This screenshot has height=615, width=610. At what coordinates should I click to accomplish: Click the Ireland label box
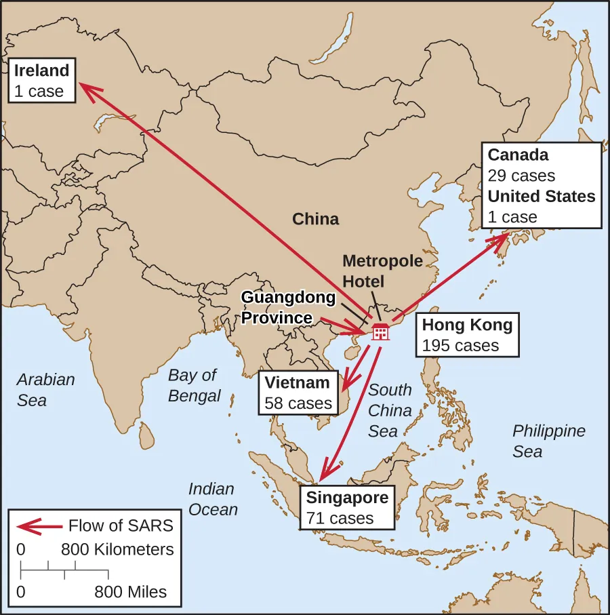tap(42, 81)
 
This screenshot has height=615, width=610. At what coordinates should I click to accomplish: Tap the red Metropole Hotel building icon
tap(380, 332)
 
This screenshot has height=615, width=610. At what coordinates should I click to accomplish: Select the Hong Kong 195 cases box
tap(467, 334)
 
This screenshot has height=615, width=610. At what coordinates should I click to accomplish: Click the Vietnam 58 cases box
tap(298, 393)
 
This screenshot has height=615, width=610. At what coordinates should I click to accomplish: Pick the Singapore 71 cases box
tap(348, 508)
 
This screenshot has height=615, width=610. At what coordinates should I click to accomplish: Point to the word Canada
tap(518, 155)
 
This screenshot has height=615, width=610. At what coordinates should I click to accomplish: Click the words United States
tap(542, 197)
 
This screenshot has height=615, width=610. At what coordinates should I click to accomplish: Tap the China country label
tap(315, 219)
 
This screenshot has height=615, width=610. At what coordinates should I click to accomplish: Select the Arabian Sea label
tap(45, 389)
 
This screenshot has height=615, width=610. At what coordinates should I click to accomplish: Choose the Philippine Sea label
tap(548, 441)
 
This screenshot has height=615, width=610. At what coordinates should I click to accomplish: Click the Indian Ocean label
tap(212, 498)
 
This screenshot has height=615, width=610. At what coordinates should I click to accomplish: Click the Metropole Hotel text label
tap(382, 271)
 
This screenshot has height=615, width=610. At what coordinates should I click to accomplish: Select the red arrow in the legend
tap(37, 525)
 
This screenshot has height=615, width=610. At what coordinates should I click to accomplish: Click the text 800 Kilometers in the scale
tap(117, 549)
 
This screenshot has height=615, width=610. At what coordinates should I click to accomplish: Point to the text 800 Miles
tap(130, 591)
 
